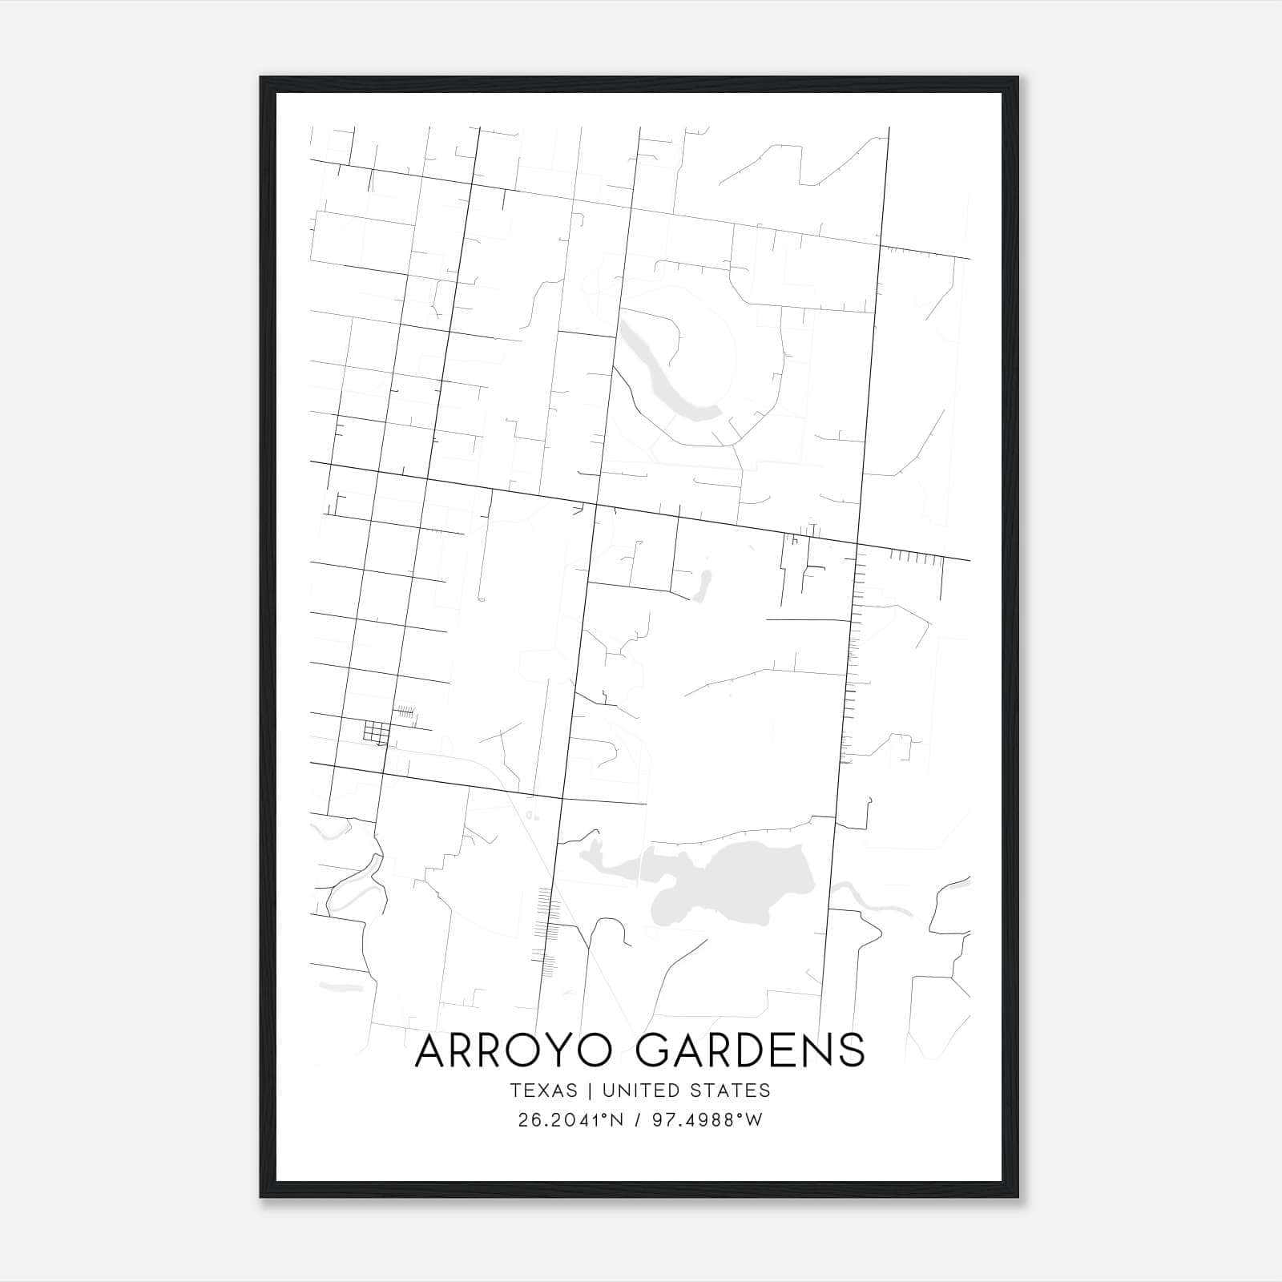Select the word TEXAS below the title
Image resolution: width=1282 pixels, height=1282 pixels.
click(543, 1091)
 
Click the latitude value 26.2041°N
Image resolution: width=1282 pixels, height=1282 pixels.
click(570, 1120)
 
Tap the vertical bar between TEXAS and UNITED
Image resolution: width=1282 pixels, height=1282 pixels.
click(590, 1091)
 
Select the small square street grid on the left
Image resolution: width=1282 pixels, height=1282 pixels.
click(376, 732)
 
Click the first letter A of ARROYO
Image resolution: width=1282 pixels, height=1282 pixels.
click(432, 1050)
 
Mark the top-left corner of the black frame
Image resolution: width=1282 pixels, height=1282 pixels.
click(261, 78)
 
